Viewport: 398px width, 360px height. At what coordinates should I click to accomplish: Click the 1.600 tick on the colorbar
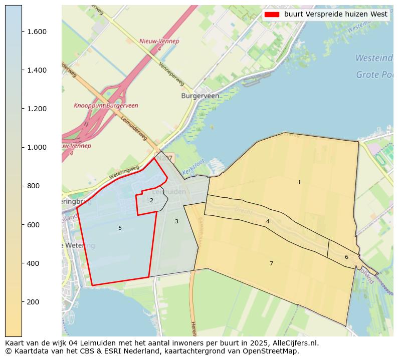click(22, 32)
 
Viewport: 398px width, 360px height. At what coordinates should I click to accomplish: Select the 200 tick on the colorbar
click(22, 302)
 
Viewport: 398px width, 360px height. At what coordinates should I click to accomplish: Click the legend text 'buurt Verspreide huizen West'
click(335, 15)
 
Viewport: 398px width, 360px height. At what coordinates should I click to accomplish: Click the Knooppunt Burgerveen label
click(106, 106)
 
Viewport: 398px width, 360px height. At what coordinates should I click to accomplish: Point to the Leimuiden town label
click(168, 192)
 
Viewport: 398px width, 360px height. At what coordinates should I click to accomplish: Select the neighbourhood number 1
click(299, 183)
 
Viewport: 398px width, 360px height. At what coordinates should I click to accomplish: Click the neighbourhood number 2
click(151, 201)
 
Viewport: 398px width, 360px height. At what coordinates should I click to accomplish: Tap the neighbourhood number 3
click(176, 221)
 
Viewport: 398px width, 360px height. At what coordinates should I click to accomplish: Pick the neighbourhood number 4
click(268, 221)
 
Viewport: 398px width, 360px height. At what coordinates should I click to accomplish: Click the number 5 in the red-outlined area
click(120, 228)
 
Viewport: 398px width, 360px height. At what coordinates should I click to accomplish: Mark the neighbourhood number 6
click(346, 257)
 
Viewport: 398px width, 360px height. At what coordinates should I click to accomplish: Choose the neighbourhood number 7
click(271, 263)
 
